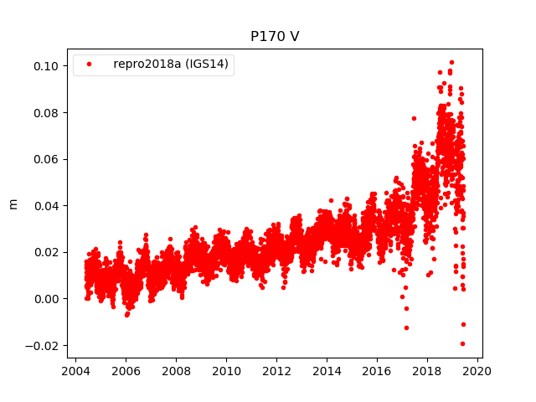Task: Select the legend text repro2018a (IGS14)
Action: [172, 64]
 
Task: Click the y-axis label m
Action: [13, 204]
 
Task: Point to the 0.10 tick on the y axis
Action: [46, 66]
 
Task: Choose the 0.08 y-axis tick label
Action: [46, 112]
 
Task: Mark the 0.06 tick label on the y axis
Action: [46, 159]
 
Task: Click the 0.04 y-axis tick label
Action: [46, 205]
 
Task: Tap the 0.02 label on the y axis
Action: [46, 252]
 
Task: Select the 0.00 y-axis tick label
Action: [46, 299]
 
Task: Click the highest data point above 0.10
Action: [451, 63]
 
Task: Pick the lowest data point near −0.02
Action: [462, 343]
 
